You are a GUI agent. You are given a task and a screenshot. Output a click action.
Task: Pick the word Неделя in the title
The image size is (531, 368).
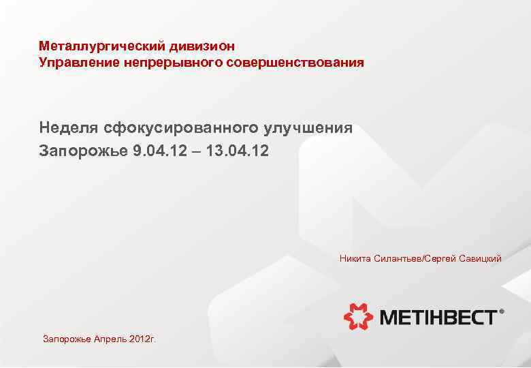coord(69,127)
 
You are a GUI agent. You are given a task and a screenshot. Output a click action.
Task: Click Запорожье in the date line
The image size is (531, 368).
coord(83,150)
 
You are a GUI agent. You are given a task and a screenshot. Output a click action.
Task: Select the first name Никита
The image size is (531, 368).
coord(355,259)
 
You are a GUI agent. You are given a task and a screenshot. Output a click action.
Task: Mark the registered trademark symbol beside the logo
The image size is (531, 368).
coord(502,311)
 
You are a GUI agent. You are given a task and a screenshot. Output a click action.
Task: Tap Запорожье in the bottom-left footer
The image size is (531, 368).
coord(65,339)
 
